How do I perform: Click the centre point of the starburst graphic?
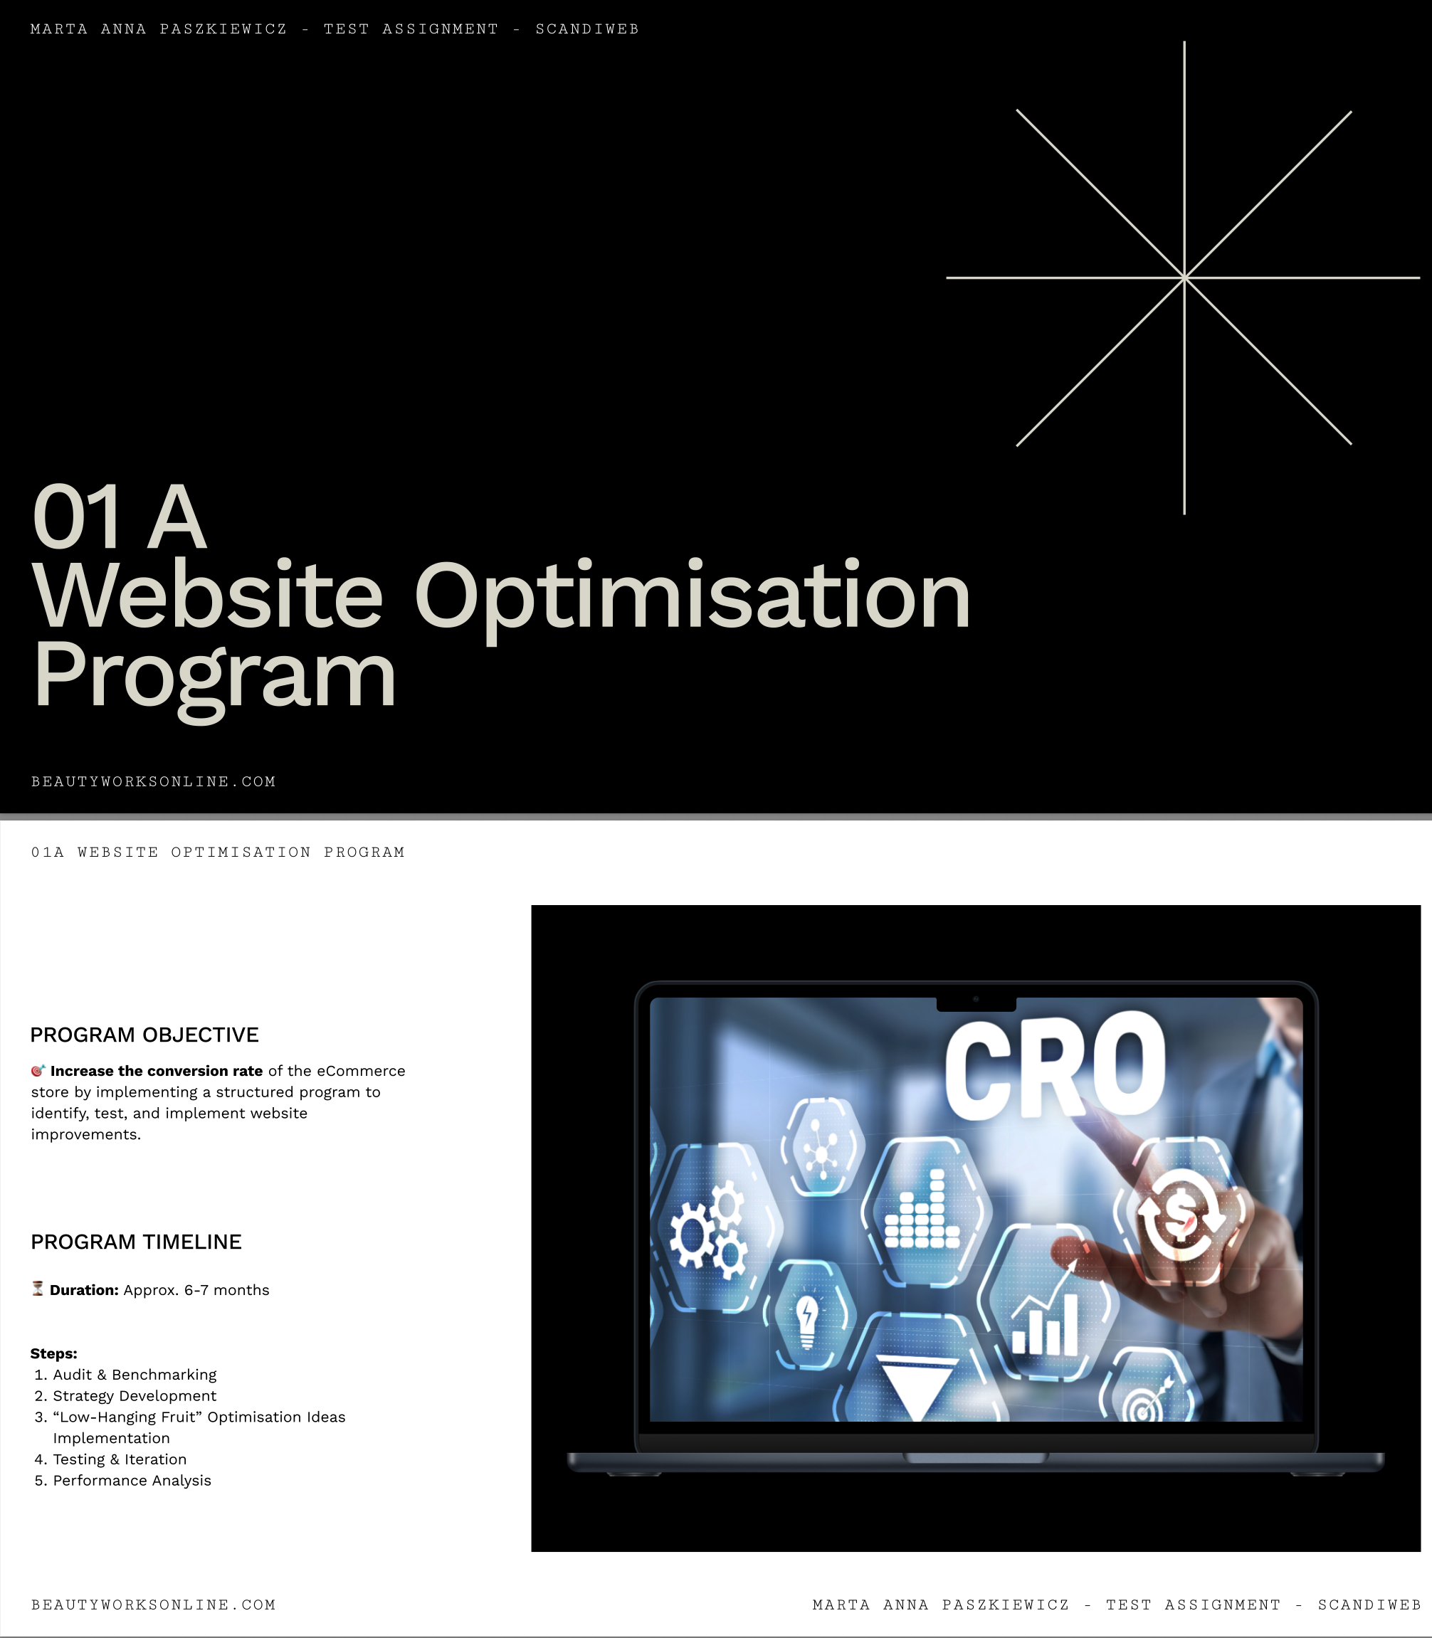tap(1184, 278)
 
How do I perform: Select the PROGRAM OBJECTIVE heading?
tap(144, 1035)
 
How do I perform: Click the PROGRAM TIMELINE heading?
tap(136, 1242)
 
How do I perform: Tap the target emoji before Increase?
tap(38, 1071)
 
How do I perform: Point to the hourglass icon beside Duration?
tap(38, 1289)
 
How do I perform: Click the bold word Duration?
tap(84, 1289)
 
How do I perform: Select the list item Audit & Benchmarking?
tap(135, 1374)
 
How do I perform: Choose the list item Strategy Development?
tap(135, 1396)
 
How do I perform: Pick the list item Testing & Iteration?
tap(120, 1459)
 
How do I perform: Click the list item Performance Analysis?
tap(132, 1481)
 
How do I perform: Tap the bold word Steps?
tap(53, 1353)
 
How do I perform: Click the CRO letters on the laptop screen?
tap(1055, 1064)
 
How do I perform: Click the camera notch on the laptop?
tap(976, 1003)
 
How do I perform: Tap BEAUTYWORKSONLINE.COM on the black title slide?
tap(154, 781)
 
